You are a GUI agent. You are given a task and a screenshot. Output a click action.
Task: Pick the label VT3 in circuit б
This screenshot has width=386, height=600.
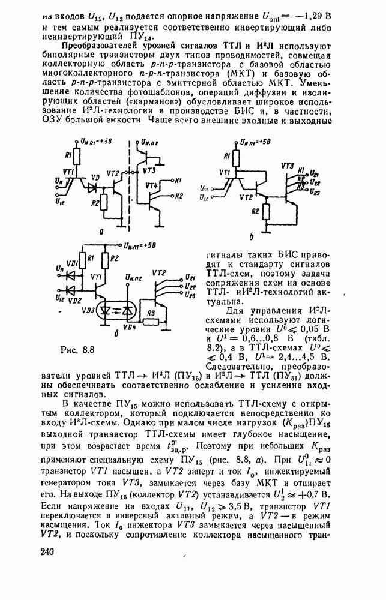pyautogui.click(x=287, y=164)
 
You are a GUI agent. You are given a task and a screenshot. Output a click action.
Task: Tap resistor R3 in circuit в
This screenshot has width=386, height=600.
pyautogui.click(x=150, y=314)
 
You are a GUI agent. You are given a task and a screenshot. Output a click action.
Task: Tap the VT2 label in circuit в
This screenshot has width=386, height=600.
pyautogui.click(x=159, y=273)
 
